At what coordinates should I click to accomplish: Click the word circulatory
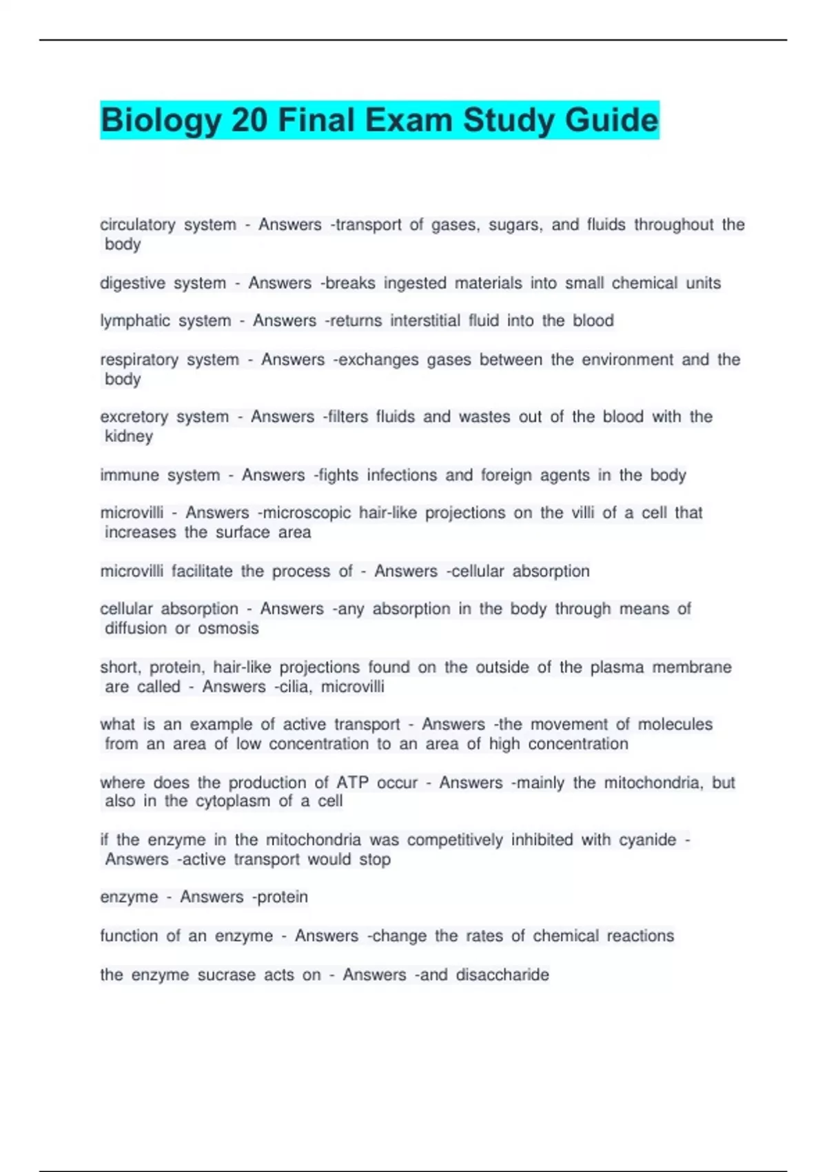coord(138,225)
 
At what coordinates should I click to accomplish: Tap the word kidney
coord(129,436)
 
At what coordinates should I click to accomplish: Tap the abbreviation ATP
coord(352,783)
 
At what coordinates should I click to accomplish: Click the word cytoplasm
coord(233,801)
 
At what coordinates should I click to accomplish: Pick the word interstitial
coord(425,321)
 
